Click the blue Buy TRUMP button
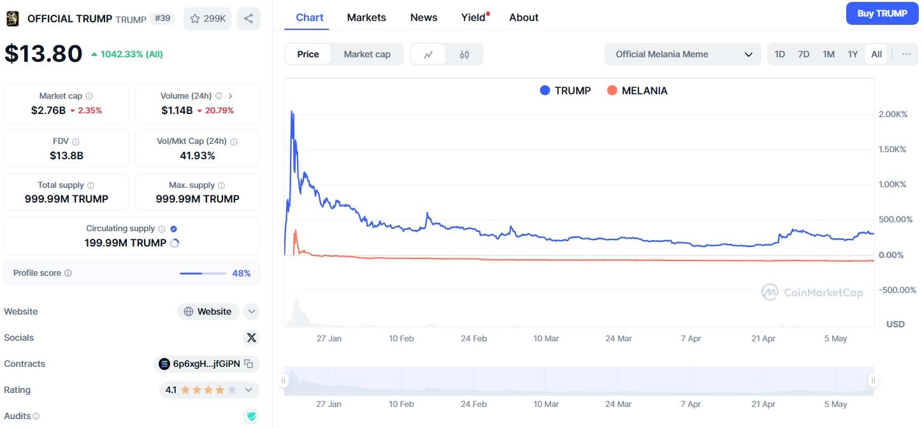882,13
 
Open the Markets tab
366,17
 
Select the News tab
424,17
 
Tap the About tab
524,17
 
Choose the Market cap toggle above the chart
367,54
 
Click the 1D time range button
779,54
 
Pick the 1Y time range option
853,54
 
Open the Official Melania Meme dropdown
682,54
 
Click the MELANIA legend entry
637,90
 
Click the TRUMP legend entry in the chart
565,90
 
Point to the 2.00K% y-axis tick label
892,114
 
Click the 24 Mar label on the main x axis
618,338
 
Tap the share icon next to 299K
249,18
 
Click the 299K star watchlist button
207,18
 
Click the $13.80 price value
43,53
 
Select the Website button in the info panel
208,311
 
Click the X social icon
251,338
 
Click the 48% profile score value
241,273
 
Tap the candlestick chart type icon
464,54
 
